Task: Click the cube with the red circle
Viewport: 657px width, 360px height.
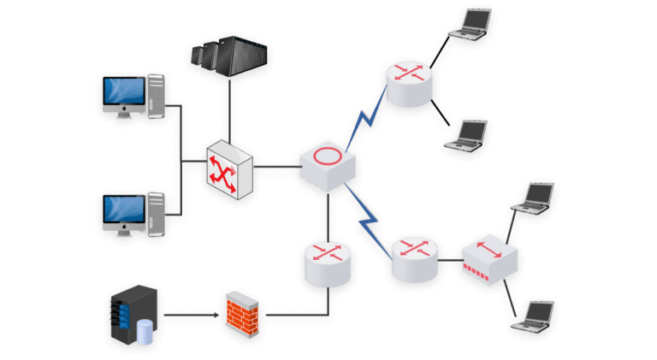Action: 327,162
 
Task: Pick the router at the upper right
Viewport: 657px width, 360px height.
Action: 409,82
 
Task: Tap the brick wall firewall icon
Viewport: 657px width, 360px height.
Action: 243,312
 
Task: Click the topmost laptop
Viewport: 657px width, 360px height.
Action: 472,24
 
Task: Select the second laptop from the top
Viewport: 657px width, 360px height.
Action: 469,135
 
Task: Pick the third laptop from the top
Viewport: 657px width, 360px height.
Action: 535,198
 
